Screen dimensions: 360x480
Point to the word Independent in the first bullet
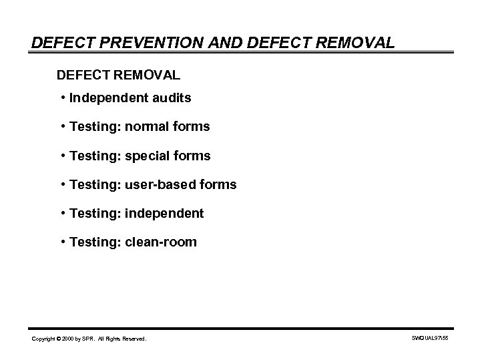110,98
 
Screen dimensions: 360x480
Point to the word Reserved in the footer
133,339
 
